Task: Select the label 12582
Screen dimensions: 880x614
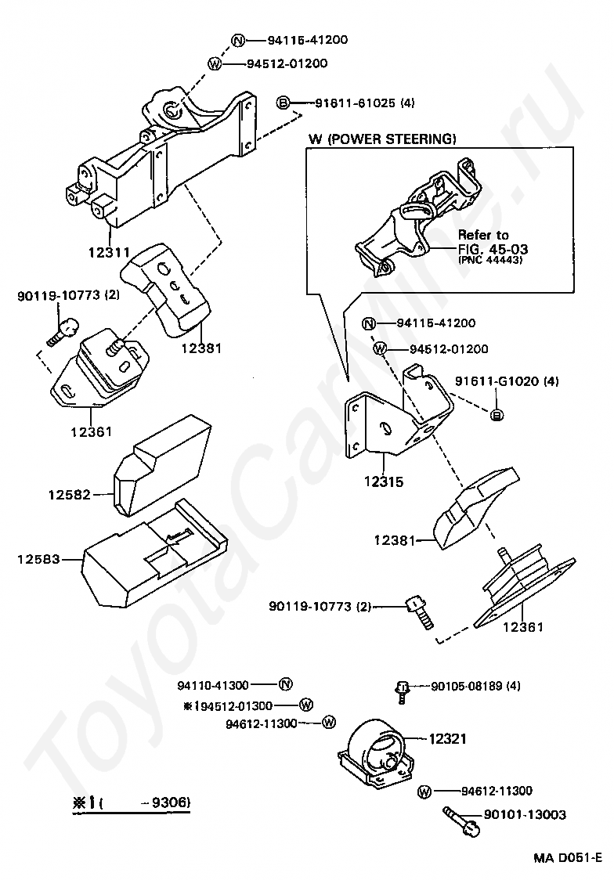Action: coord(69,494)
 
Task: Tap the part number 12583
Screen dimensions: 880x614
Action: coord(38,559)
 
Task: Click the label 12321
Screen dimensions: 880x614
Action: coord(449,738)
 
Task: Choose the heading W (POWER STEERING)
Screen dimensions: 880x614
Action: coord(381,139)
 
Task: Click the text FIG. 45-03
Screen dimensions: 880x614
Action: coord(493,249)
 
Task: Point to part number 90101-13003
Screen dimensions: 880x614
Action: coord(514,815)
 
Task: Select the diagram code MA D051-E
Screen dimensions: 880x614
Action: coord(568,857)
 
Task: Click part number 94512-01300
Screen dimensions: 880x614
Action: coord(233,705)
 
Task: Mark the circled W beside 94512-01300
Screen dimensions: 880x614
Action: coord(306,705)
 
